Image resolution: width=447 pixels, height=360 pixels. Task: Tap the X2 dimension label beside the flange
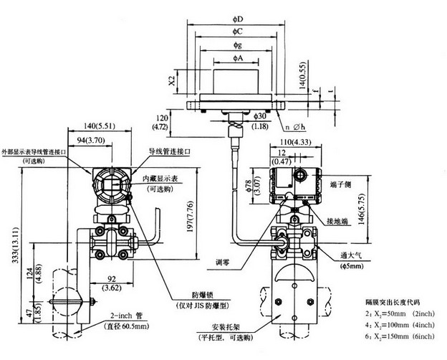[x=170, y=78]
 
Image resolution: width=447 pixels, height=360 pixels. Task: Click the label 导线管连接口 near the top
[x=170, y=151]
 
